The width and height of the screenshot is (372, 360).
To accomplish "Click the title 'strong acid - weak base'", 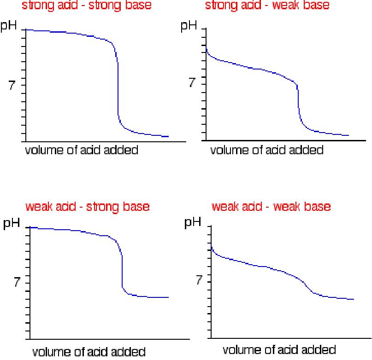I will [261, 6].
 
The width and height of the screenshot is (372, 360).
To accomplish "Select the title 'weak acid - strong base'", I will [88, 207].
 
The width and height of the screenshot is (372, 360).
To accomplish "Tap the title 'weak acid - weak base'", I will [271, 207].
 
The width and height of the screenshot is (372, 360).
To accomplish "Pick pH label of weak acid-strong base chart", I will [13, 224].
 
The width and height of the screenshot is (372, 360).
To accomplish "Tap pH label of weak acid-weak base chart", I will [193, 223].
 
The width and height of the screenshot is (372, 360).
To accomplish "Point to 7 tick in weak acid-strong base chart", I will [18, 283].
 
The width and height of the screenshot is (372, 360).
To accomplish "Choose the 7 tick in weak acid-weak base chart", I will [199, 280].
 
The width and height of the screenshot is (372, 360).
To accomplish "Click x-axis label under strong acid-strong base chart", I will [81, 151].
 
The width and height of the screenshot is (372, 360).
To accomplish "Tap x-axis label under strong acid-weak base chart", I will [267, 150].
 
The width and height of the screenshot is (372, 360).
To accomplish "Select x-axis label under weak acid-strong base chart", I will [89, 352].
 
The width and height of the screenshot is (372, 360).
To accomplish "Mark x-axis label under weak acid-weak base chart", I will [279, 350].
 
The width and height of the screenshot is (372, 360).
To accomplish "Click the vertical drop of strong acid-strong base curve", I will [118, 87].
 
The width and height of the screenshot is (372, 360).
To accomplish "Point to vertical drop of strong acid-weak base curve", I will [299, 101].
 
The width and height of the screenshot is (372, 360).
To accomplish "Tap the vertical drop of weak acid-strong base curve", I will [122, 272].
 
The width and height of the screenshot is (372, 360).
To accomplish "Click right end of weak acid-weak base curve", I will [353, 299].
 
